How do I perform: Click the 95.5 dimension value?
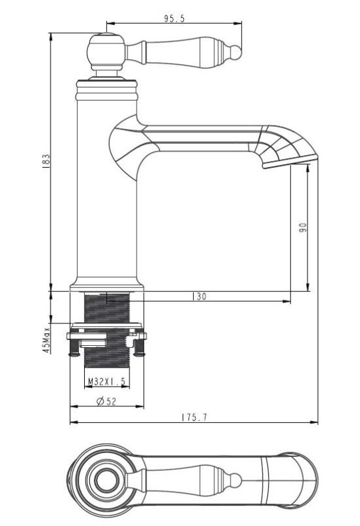[x=174, y=19]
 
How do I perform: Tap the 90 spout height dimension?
[x=302, y=228]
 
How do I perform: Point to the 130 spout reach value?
[x=199, y=297]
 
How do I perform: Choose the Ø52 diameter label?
[x=106, y=402]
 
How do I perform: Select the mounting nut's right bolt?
[x=140, y=346]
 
